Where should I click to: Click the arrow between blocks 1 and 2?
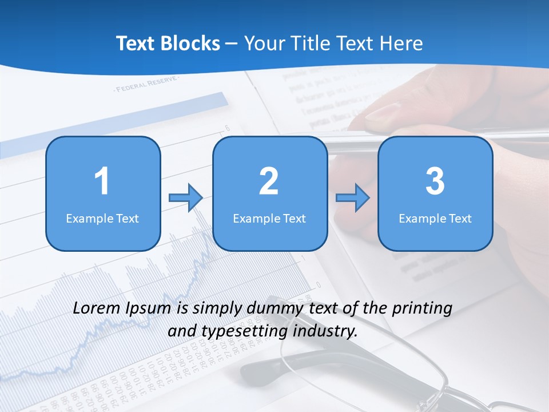coord(186,198)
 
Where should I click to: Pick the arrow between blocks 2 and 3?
coord(353,198)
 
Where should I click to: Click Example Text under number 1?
coord(102,218)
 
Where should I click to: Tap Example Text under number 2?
coord(269,218)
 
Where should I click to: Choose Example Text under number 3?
coord(435,218)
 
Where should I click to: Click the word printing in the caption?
coord(421,308)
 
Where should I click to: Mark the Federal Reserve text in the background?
coord(146,86)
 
